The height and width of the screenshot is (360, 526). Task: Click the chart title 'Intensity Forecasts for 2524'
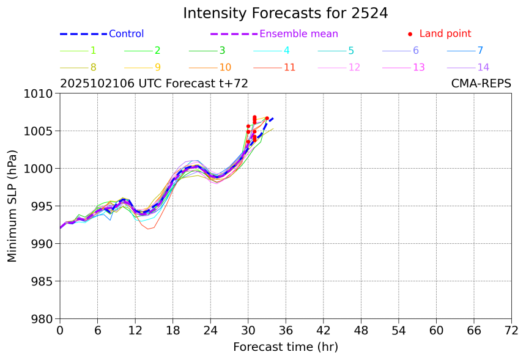coord(285,13)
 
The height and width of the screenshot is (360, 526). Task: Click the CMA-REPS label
coord(481,84)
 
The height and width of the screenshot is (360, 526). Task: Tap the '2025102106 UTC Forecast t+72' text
coord(154,84)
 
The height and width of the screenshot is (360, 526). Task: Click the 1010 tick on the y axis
coord(41,94)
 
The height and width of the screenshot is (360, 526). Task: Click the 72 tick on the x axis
coord(511,331)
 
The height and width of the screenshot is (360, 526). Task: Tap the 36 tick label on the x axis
coord(286,331)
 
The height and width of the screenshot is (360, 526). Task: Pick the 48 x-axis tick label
coord(361,331)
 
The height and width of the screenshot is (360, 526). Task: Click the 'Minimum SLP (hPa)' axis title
coord(12,206)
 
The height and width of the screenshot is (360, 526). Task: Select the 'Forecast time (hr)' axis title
coord(285,347)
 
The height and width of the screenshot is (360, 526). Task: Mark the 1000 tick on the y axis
coord(41,169)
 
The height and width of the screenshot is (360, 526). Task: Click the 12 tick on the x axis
coord(135,331)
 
